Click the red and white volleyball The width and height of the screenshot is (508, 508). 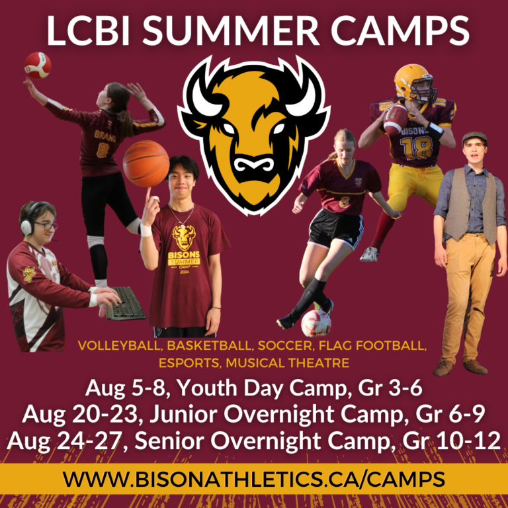(37, 65)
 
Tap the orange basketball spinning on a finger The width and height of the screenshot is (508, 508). (146, 163)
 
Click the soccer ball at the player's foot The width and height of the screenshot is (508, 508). (316, 323)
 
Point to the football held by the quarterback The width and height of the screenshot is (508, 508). (396, 120)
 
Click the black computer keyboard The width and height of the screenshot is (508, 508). (126, 303)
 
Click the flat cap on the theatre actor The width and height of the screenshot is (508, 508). (474, 138)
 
